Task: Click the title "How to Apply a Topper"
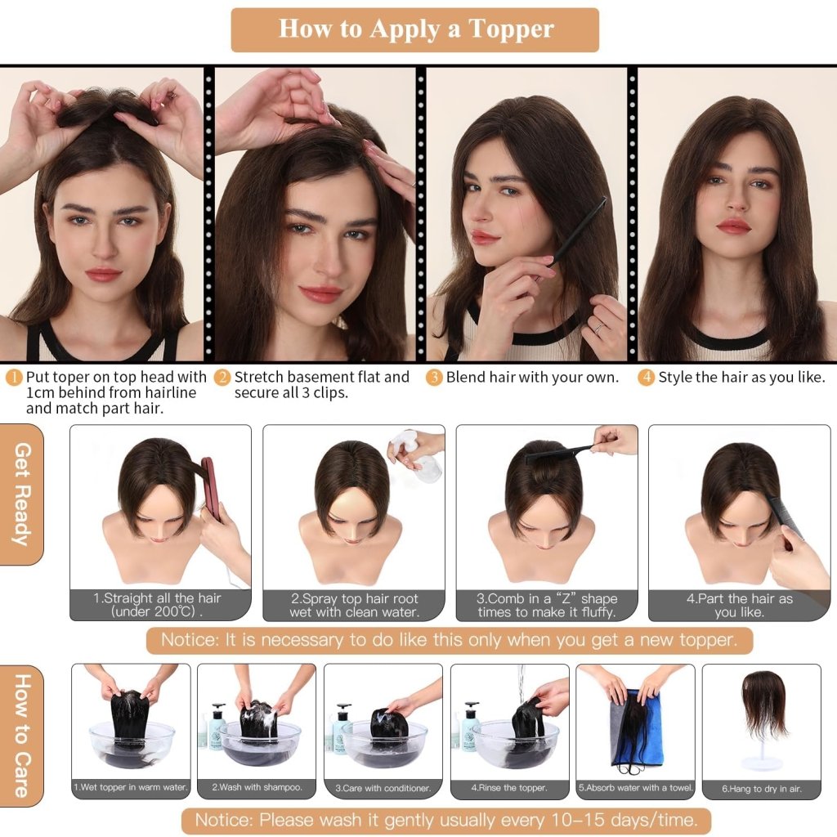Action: point(415,29)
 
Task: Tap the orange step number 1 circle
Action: point(14,378)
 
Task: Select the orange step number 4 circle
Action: point(646,378)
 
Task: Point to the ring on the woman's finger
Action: point(598,327)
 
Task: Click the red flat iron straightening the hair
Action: point(211,489)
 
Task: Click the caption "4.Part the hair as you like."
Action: point(739,605)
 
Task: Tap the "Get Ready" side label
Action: point(22,494)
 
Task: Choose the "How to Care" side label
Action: point(22,735)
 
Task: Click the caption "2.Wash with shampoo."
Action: point(257,788)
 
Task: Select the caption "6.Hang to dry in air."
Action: point(761,788)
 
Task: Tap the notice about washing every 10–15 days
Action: point(445,819)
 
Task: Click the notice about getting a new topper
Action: point(449,639)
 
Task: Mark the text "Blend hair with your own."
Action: point(532,378)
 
